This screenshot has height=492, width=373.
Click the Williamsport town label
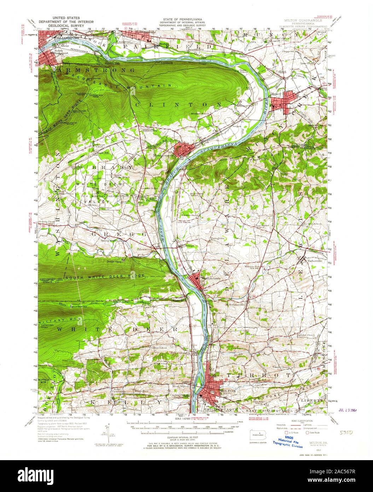tap(64, 37)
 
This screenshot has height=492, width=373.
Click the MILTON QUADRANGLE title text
tap(302, 21)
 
